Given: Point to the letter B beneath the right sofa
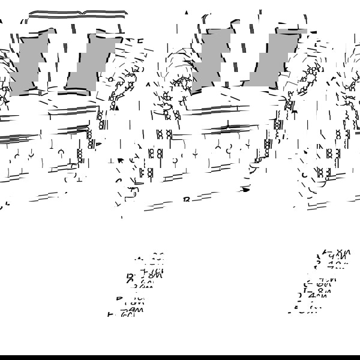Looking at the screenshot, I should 186,199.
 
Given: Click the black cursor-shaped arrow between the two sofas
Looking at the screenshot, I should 120,160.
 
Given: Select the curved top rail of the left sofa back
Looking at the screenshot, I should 78,13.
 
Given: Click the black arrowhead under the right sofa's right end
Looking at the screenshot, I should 245,190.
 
